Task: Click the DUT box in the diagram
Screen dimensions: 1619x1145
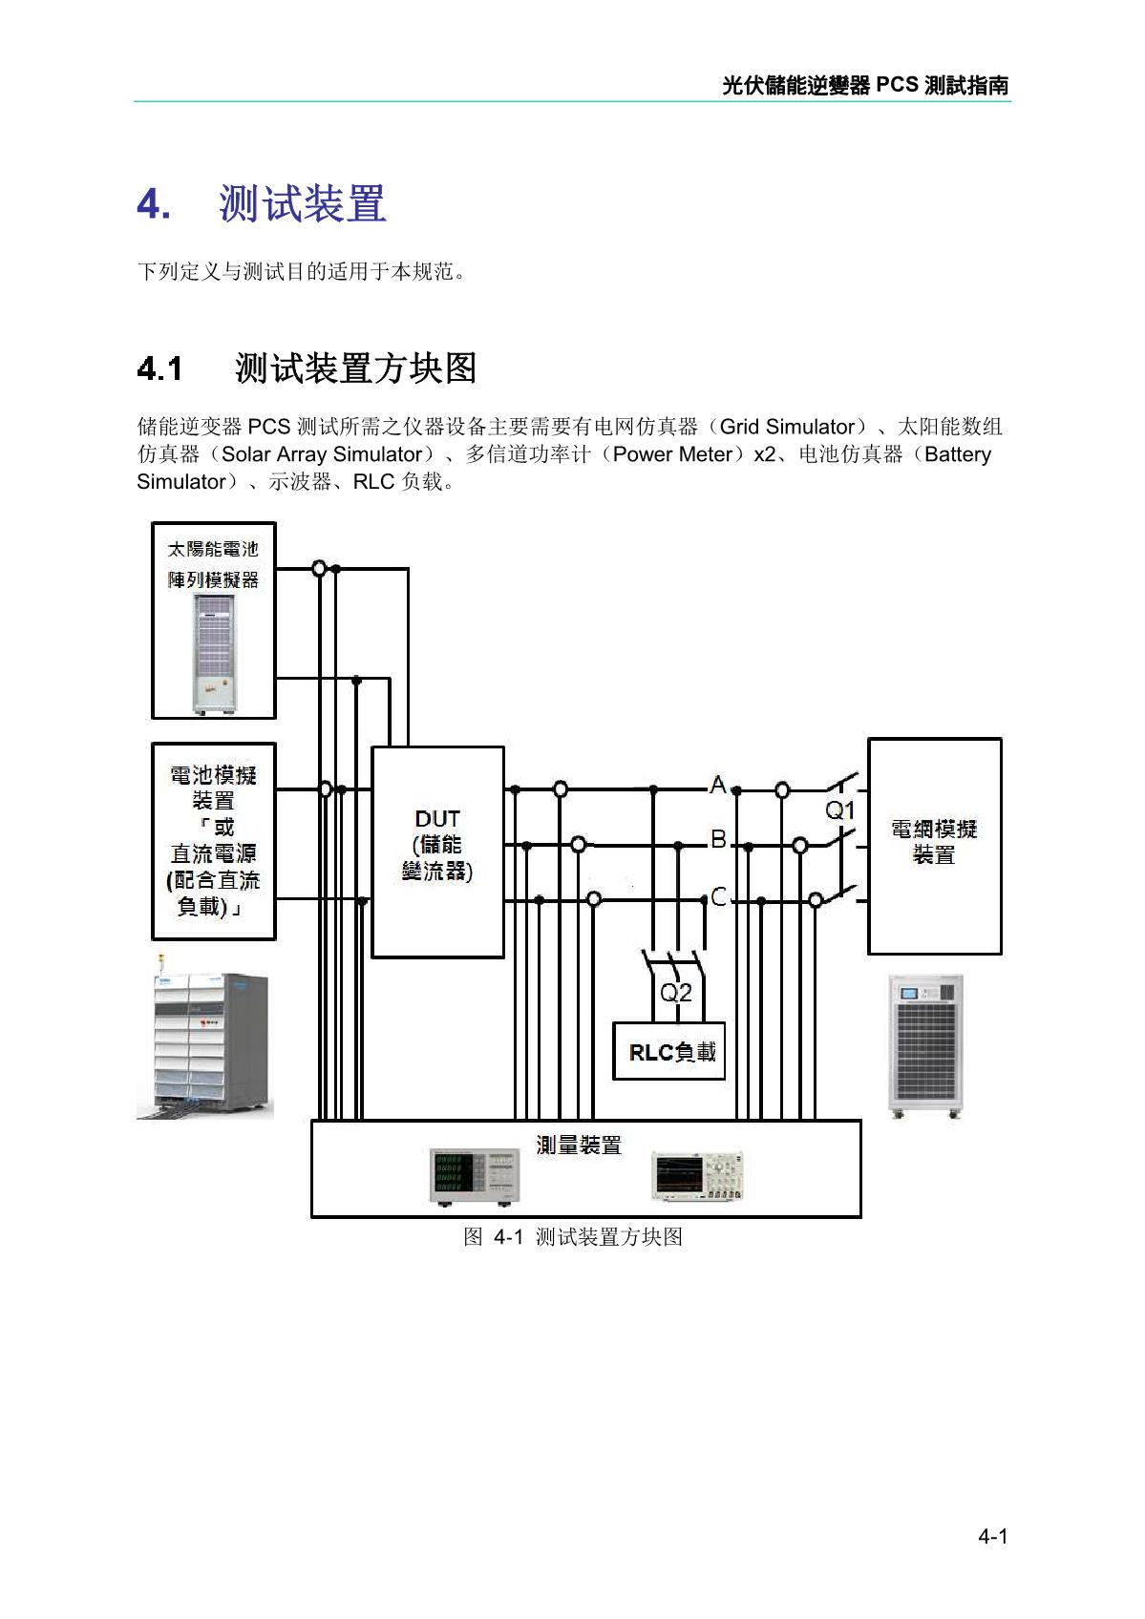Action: pyautogui.click(x=437, y=852)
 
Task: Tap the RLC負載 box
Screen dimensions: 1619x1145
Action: pyautogui.click(x=668, y=1051)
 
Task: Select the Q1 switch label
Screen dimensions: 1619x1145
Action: pyautogui.click(x=839, y=811)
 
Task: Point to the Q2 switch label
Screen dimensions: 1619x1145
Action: pyautogui.click(x=676, y=993)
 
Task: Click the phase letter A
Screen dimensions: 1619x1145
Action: pyautogui.click(x=717, y=786)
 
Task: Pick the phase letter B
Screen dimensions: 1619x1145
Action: pyautogui.click(x=718, y=840)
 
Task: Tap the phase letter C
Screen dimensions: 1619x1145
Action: pyautogui.click(x=719, y=897)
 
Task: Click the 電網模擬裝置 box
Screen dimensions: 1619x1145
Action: pyautogui.click(x=934, y=845)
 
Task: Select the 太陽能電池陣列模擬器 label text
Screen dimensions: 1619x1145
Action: pyautogui.click(x=213, y=564)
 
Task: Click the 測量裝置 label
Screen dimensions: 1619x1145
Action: pyautogui.click(x=579, y=1145)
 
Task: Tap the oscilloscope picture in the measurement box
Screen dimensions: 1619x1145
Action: pyautogui.click(x=697, y=1175)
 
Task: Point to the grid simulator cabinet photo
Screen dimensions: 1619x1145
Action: pyautogui.click(x=925, y=1045)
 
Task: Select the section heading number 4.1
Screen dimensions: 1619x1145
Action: pyautogui.click(x=159, y=368)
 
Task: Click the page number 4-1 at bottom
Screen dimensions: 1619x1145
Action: pyautogui.click(x=992, y=1536)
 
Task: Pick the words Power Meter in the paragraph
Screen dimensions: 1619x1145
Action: pyautogui.click(x=671, y=454)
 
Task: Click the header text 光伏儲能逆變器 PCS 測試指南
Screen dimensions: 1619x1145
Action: pyautogui.click(x=864, y=85)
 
